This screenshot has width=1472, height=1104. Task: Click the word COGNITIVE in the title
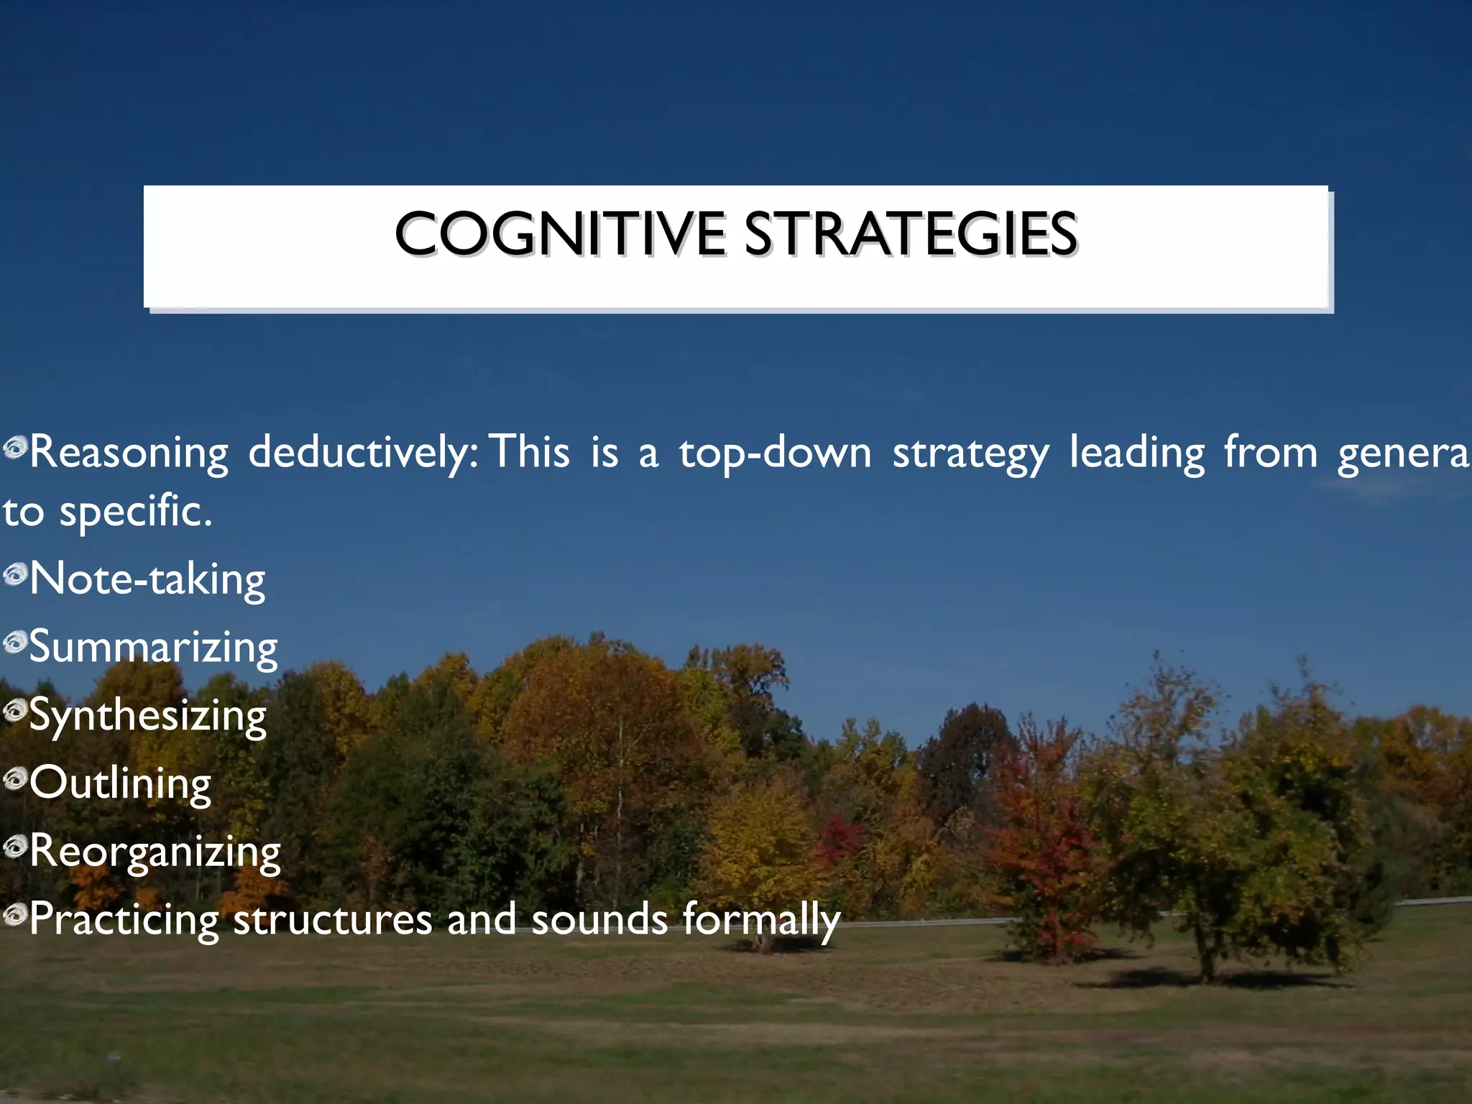pyautogui.click(x=560, y=234)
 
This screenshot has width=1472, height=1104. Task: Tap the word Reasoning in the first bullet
pyautogui.click(x=129, y=453)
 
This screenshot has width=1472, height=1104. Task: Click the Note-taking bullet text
pyautogui.click(x=147, y=579)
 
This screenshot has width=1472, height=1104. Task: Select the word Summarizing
pyautogui.click(x=153, y=648)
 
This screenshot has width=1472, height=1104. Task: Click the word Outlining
pyautogui.click(x=121, y=783)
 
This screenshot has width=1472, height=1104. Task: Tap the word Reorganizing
pyautogui.click(x=155, y=852)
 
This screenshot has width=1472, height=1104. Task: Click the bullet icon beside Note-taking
pyautogui.click(x=14, y=574)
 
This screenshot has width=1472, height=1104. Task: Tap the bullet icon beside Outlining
pyautogui.click(x=14, y=778)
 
